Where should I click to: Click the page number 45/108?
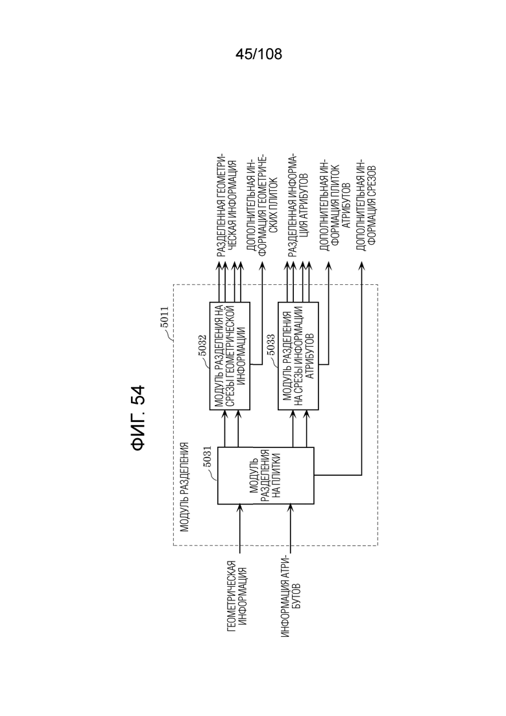tap(259, 54)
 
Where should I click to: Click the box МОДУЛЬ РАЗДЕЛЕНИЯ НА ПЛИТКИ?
tap(265, 475)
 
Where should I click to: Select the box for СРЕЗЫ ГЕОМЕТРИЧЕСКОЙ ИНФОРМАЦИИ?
tap(230, 356)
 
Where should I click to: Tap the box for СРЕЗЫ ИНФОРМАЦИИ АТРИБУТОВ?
tap(298, 356)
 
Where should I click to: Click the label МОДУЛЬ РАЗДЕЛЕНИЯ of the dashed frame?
tap(184, 487)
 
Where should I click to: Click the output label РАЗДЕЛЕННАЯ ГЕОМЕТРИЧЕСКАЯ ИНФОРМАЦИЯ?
tap(226, 206)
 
